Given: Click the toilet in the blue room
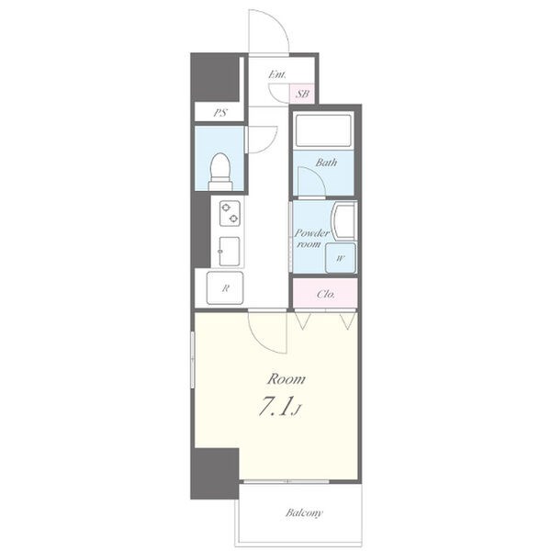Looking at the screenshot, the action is click(220, 172).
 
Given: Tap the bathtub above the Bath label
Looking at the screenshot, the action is click(323, 129).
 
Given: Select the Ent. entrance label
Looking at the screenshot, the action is click(277, 74).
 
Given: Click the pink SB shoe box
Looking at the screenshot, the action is click(302, 94).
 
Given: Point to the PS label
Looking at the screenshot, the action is click(220, 113).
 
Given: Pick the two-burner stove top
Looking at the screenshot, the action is click(230, 213).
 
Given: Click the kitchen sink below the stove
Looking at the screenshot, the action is click(230, 252).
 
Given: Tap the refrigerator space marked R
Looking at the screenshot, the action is click(225, 287).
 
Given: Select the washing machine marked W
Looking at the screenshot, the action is click(340, 258).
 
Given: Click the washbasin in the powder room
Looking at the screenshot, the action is click(344, 221).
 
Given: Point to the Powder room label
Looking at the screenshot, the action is click(311, 238).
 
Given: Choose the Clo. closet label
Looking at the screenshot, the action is click(326, 294).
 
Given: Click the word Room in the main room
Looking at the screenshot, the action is click(286, 379).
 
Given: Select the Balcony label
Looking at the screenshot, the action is click(304, 512).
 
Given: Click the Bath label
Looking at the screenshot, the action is click(326, 163).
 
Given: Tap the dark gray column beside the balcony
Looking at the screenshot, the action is click(215, 473).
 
